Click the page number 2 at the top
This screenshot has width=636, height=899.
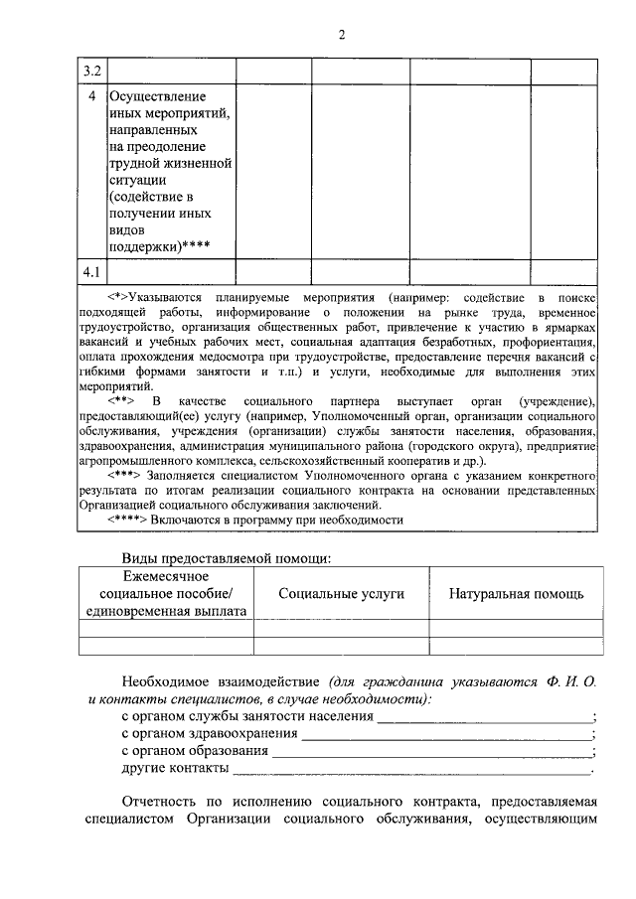341,36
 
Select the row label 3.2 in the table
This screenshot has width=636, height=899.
91,71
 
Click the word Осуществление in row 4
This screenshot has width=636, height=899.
156,97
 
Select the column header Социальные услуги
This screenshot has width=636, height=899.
341,593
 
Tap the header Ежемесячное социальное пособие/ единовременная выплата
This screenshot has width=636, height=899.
166,593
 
